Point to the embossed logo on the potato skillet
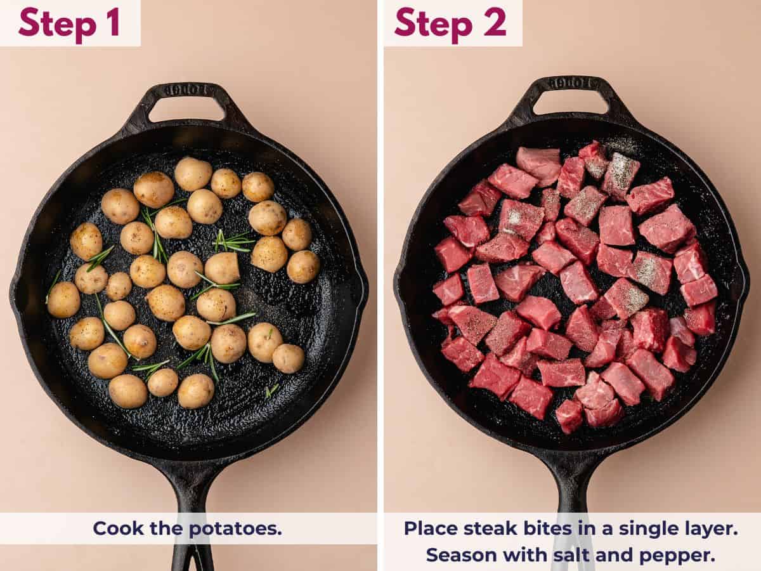click(x=186, y=90)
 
